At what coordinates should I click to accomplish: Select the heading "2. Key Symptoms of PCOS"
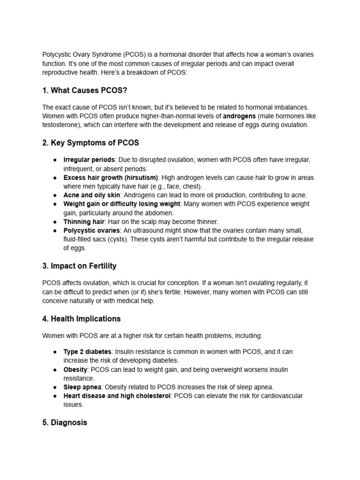point(90,142)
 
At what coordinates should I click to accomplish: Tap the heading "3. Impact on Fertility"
point(79,266)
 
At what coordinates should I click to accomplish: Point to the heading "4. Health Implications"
point(81,319)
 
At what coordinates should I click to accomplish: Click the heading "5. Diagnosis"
point(64,422)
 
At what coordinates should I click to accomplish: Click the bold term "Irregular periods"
point(89,160)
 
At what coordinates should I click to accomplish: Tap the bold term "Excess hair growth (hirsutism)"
point(111,178)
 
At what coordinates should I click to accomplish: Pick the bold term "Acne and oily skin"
point(92,195)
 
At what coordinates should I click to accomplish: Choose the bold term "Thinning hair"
point(84,222)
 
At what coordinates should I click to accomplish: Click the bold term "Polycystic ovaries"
point(92,231)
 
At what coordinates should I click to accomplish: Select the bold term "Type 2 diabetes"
point(88,352)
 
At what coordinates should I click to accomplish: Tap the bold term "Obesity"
point(75,369)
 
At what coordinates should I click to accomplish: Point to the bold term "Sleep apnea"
point(82,387)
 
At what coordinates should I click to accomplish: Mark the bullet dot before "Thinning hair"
point(55,222)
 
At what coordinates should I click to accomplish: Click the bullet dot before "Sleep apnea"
point(55,387)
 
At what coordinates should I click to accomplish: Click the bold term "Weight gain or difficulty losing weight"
point(122,204)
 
